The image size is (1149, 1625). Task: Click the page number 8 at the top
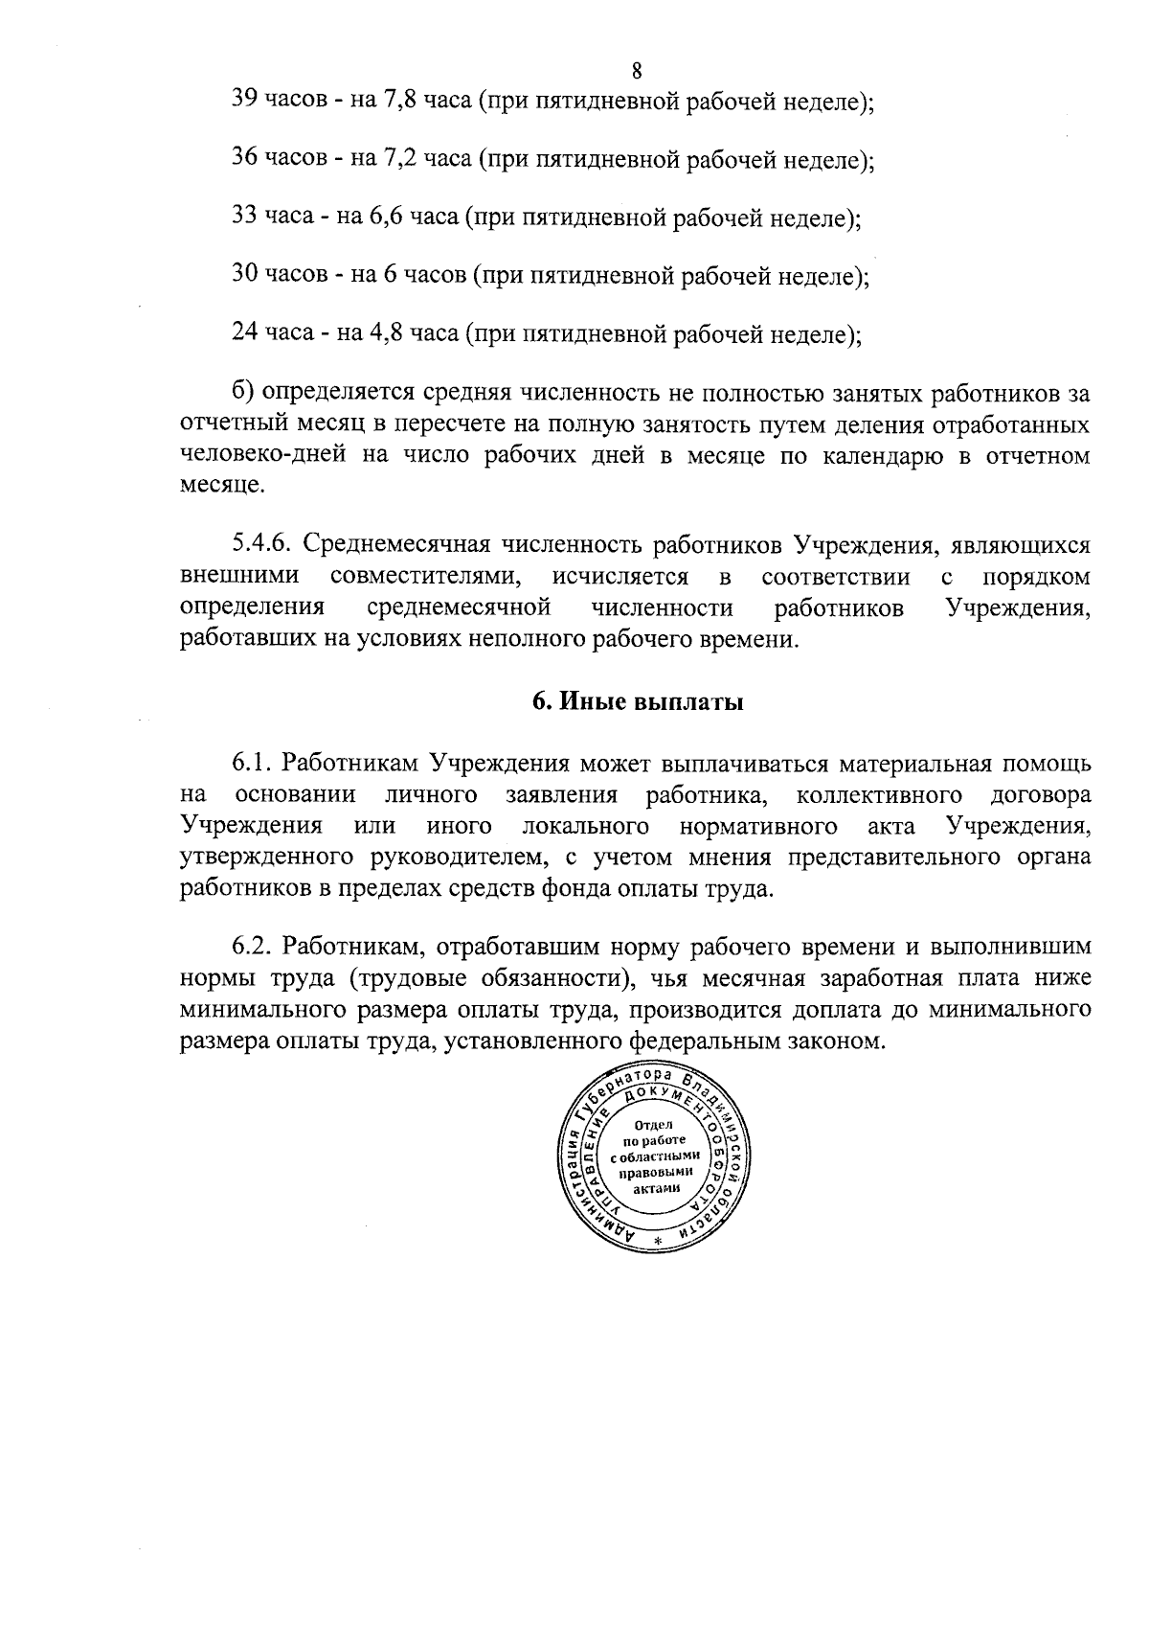pos(638,71)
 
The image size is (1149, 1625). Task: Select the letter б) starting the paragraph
pos(243,393)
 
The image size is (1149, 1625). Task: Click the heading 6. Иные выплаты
pos(638,702)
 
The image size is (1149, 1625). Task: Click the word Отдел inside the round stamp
pos(654,1123)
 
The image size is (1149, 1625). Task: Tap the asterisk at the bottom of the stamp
pos(658,1243)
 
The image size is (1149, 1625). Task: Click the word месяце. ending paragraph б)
pos(219,486)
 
